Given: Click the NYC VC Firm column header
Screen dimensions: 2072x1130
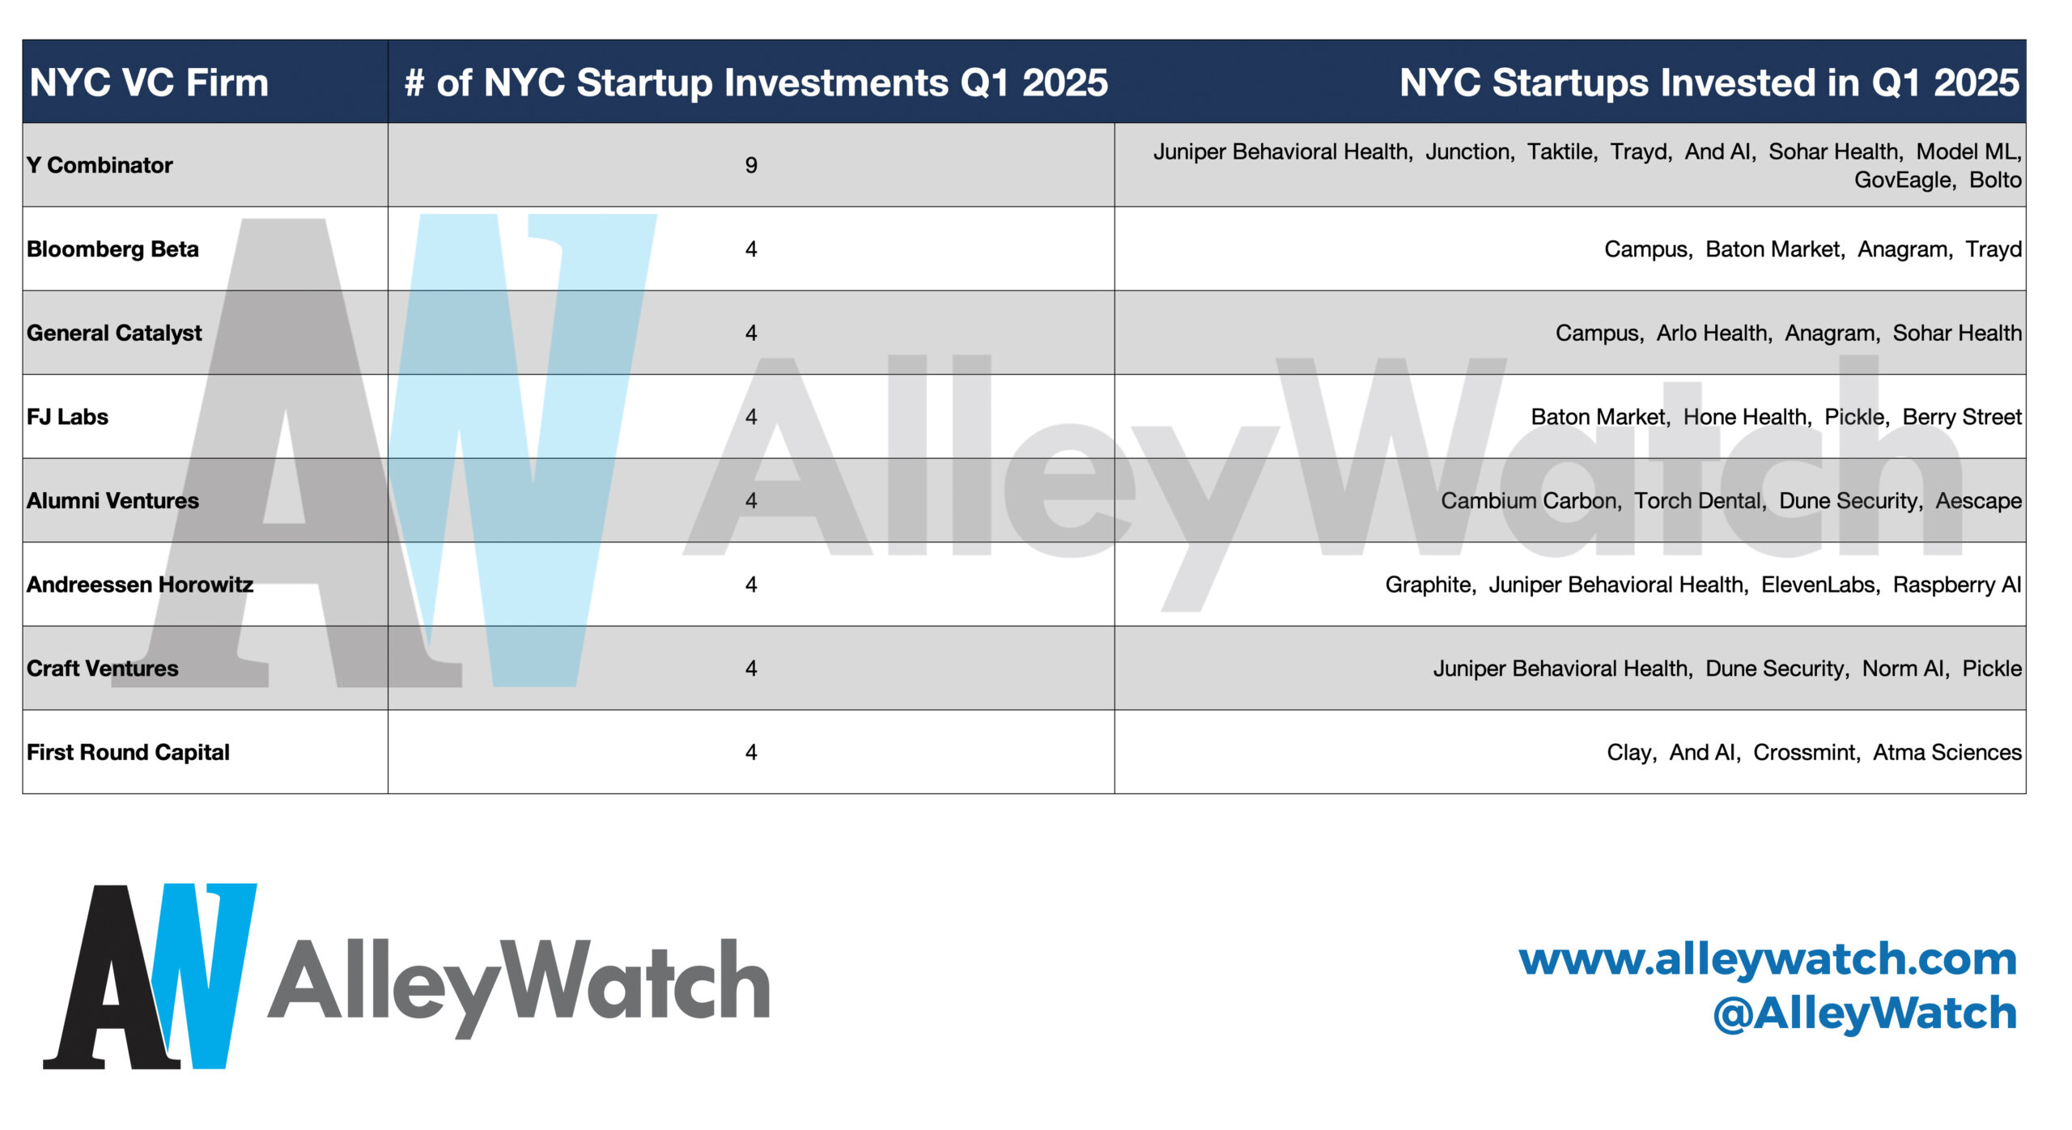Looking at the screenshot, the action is click(x=149, y=83).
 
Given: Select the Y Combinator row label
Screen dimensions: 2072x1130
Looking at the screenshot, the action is click(x=100, y=165).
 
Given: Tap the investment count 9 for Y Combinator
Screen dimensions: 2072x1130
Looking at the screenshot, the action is click(x=751, y=165).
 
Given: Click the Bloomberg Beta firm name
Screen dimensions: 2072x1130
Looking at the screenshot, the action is click(x=113, y=249).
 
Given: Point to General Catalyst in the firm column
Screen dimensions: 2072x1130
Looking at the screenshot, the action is click(x=114, y=333).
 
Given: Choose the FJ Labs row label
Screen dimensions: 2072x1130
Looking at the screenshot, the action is click(x=67, y=417).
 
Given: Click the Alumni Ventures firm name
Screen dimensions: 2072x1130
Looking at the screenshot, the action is click(x=113, y=501).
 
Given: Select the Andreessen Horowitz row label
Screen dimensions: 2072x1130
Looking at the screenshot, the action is click(x=140, y=584).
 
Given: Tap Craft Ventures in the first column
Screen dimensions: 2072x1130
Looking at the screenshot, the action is click(x=102, y=669).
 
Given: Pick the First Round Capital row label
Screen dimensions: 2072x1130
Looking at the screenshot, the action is click(x=128, y=753).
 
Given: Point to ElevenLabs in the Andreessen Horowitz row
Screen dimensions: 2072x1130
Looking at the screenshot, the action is click(x=1819, y=584).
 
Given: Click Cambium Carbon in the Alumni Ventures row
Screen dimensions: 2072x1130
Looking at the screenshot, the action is click(x=1530, y=501).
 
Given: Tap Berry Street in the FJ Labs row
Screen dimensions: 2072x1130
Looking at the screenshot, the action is click(x=1962, y=417).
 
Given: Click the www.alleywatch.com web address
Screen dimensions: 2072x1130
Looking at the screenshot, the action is click(x=1768, y=959).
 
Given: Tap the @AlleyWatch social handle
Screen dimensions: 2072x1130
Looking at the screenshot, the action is click(x=1865, y=1013).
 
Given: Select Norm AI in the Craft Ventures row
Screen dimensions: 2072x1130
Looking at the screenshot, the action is click(x=1905, y=669).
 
